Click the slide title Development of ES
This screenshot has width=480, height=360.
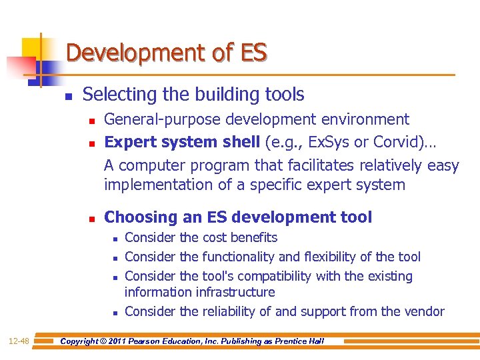(x=167, y=52)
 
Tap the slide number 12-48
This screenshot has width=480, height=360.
(x=18, y=341)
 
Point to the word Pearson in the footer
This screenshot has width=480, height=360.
(x=159, y=341)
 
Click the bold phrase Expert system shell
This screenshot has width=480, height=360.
(x=183, y=142)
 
